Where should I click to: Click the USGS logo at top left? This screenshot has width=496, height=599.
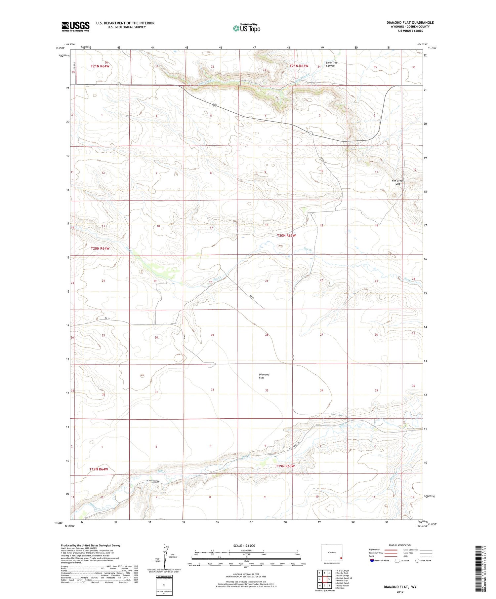click(75, 26)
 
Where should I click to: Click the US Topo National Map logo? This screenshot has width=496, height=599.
click(247, 28)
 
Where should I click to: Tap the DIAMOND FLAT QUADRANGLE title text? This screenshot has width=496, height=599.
click(410, 22)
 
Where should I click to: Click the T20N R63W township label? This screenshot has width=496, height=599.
click(286, 236)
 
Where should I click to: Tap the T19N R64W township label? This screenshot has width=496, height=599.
click(99, 469)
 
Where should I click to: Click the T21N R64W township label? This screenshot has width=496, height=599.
click(100, 66)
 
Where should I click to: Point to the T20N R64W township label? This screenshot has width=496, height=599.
click(100, 248)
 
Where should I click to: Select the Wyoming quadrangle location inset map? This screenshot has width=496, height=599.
click(332, 553)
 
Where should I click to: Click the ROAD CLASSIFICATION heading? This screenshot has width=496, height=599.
click(400, 545)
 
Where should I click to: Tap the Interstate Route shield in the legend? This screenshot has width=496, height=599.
click(372, 560)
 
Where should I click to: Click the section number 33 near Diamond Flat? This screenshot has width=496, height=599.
click(267, 391)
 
